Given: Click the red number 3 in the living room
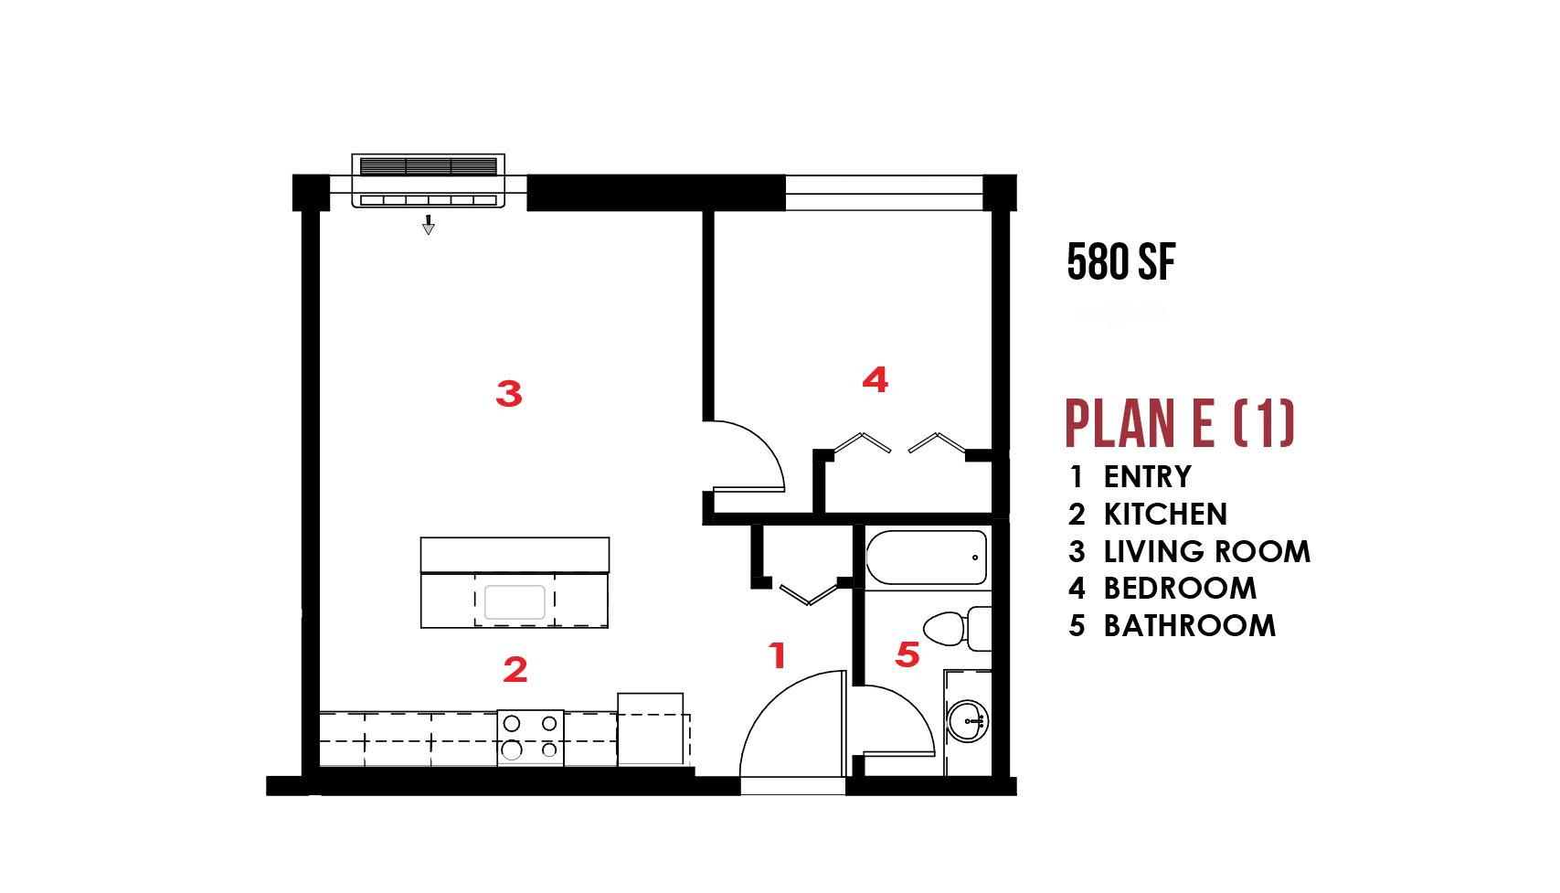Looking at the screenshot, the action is pos(509,394).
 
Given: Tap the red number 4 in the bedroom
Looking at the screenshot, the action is pos(875,379).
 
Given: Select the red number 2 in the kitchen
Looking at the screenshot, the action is pos(515,669).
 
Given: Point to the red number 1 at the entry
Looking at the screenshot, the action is pos(777,655).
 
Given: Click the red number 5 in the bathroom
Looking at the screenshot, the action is pos(907,654).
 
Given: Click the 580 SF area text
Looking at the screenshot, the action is pos(1121,262).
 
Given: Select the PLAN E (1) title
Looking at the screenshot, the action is pos(1180,423).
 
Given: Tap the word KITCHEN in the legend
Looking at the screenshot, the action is pos(1165,514).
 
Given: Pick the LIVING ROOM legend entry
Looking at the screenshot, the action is pos(1207,552).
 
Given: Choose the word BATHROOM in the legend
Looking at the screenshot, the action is pos(1190,625).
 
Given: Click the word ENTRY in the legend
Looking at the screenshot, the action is pos(1148,477).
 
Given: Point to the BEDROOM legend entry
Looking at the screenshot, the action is pos(1180,589).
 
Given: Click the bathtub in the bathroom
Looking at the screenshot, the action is pos(927,558).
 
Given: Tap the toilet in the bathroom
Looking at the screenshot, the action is pos(957,628).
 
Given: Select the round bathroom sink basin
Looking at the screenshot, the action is pos(967,721).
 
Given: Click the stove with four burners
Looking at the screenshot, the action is pos(530,739).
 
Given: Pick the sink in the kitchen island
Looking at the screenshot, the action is pos(515,602).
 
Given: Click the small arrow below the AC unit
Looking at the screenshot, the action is pos(429,224).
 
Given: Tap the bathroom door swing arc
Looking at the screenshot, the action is pos(912,707).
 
